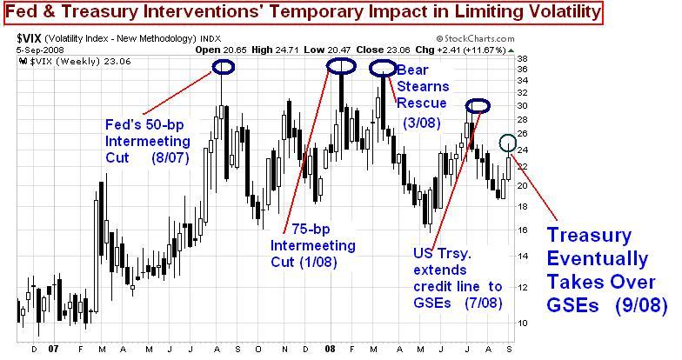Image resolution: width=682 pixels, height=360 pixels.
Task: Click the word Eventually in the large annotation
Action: [596, 258]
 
